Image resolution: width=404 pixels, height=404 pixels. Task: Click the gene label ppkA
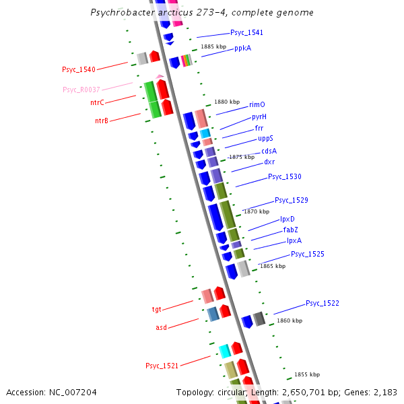242,48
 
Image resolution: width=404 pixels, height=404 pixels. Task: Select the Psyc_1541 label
246,32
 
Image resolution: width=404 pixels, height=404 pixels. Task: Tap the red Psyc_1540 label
79,69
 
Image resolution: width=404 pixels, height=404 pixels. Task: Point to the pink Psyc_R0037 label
81,90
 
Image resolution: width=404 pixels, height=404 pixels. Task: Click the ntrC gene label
97,102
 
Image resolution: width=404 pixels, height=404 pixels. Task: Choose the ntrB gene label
102,121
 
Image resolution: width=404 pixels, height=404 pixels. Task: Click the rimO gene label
257,104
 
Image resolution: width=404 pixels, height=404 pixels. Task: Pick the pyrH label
259,116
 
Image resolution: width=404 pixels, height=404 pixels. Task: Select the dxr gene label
269,162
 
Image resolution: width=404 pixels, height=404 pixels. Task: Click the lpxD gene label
288,219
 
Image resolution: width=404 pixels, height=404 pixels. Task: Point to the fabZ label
290,230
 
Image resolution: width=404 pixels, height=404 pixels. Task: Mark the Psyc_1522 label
323,303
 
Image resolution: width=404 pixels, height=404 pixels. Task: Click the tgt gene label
156,310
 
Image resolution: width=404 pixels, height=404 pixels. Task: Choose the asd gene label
161,327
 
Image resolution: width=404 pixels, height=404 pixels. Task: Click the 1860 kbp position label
290,321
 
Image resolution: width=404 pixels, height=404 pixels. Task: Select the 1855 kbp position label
307,374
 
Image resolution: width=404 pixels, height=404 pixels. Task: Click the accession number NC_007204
51,392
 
